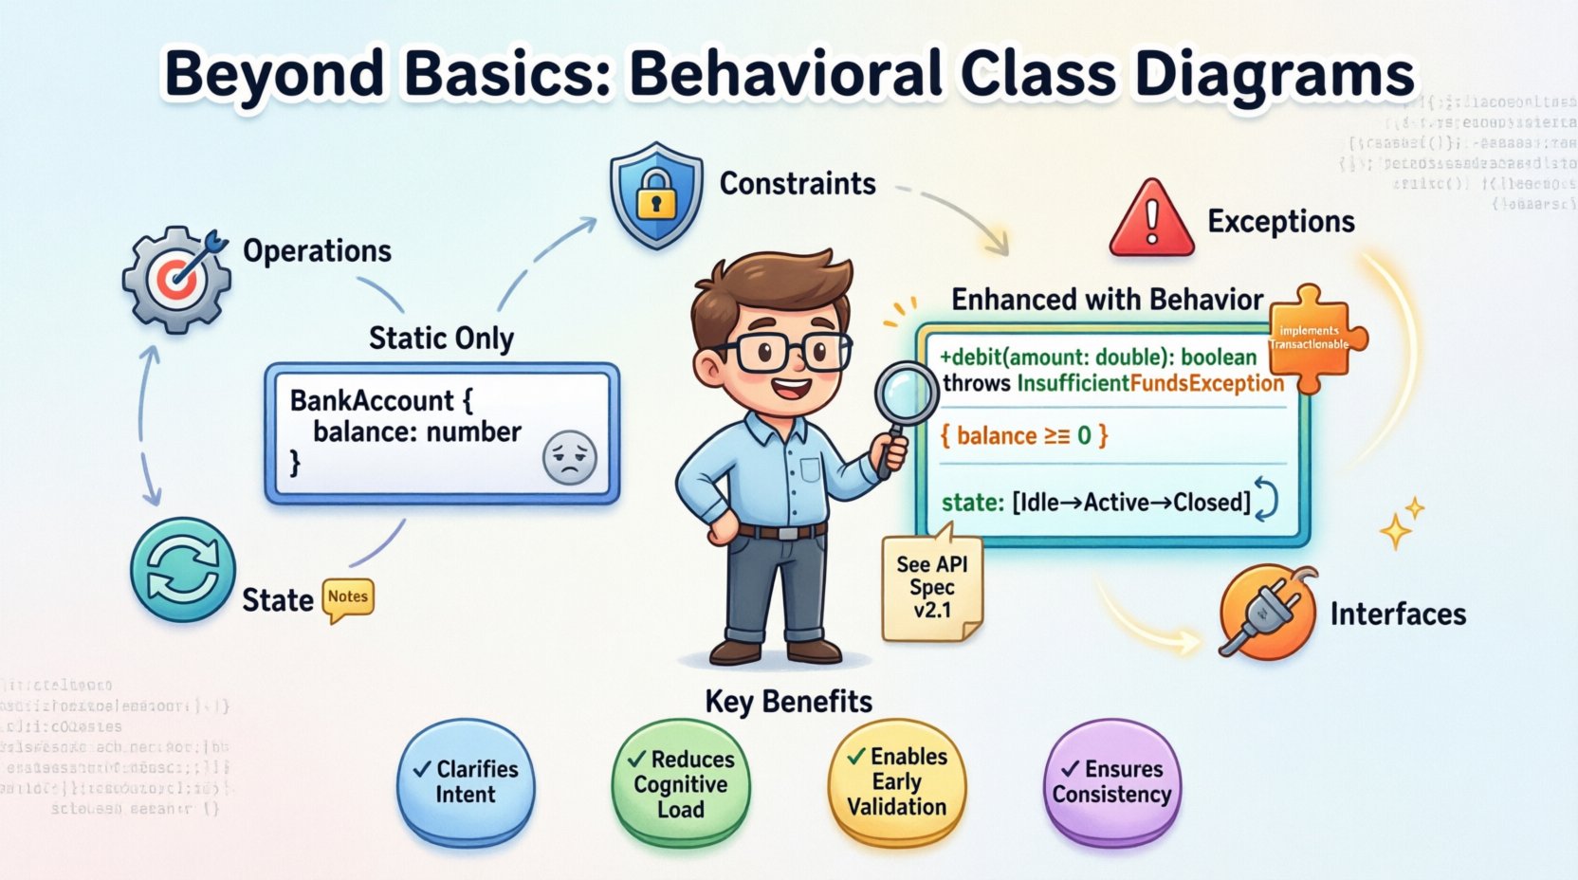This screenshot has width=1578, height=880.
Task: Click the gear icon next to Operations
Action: pos(176,279)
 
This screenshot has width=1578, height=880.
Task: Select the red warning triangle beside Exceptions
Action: pos(1151,220)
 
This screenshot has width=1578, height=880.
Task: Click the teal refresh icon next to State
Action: pos(182,569)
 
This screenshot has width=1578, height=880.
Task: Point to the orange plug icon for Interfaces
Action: pos(1267,611)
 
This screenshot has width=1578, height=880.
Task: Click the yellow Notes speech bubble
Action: pos(348,598)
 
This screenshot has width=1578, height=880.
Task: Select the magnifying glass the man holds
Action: pos(905,396)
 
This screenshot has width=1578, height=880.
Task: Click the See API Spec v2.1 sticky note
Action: pos(931,588)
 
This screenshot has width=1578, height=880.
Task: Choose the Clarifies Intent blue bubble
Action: pos(466,782)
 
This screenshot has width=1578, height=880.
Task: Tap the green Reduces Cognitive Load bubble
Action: pos(681,784)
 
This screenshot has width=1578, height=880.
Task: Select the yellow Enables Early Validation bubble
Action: pos(896,781)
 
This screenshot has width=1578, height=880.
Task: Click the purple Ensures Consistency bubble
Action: pos(1111,782)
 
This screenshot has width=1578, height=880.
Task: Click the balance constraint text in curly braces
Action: pos(1023,435)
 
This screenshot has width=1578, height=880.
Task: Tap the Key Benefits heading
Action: pos(788,701)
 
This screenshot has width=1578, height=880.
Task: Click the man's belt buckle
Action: pos(786,532)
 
